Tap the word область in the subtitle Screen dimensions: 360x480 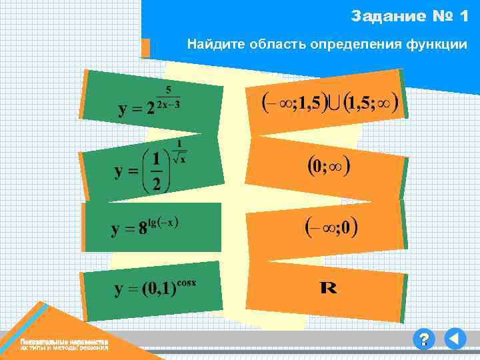pos(265,45)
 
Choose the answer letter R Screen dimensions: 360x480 pos(329,289)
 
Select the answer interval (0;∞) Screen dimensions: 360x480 pos(329,166)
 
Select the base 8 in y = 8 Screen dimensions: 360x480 pos(142,230)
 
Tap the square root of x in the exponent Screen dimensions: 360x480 pos(179,158)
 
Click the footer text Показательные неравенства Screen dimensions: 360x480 pos(63,342)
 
